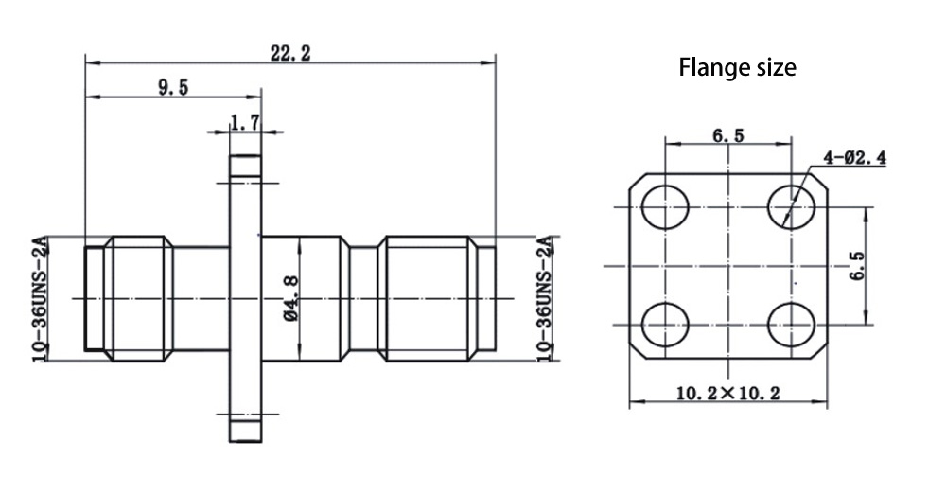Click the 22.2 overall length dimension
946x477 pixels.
290,54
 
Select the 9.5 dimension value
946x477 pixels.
173,87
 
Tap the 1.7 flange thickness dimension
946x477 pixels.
245,122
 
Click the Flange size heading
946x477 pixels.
738,68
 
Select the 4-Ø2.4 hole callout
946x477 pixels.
854,159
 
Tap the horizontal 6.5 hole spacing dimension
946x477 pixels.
727,135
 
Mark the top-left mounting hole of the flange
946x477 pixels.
666,205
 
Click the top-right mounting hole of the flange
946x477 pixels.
791,205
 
